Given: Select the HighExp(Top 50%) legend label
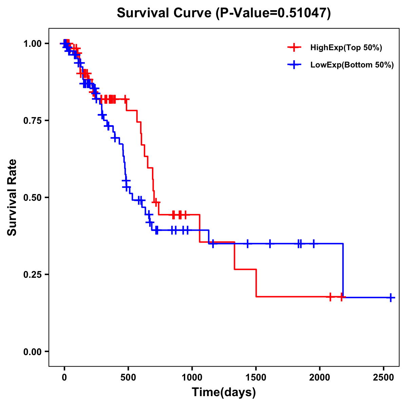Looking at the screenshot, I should [346, 48].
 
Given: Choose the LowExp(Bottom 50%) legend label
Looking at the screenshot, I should [352, 65].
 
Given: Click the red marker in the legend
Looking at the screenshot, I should [294, 47].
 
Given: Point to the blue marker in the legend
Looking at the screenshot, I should [294, 65].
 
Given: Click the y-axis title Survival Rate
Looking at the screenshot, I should [12, 197].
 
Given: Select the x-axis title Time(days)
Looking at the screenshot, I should [224, 392].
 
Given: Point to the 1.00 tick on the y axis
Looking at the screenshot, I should [32, 43].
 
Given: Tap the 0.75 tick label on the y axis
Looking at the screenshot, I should [32, 120].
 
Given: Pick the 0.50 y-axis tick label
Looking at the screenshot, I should [32, 197].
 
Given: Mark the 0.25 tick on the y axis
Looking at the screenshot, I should [32, 274].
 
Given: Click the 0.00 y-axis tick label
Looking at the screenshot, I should [32, 351].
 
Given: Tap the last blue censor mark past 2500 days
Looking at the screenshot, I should [391, 297].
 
